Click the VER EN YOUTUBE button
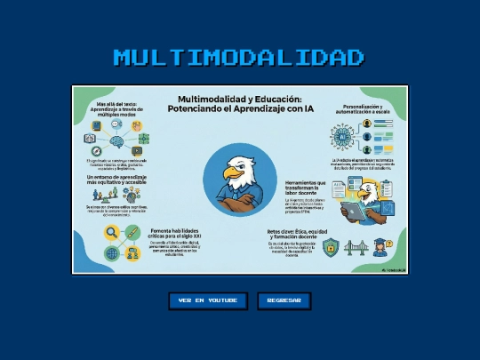208,300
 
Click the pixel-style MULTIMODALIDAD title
239,58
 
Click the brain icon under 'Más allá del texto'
117,140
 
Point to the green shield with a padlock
330,246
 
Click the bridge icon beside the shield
356,246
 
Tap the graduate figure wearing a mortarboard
380,246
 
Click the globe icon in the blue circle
113,253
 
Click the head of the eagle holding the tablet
364,189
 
